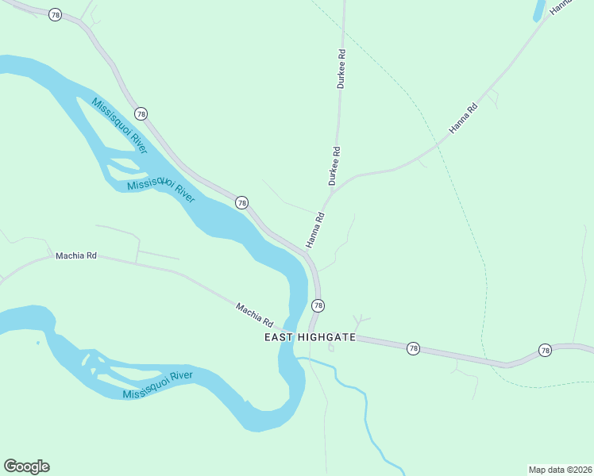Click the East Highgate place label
click(310, 337)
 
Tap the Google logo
click(26, 466)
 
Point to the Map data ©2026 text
click(560, 469)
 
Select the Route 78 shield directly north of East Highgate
click(318, 305)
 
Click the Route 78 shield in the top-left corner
click(54, 15)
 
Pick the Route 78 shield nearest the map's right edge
click(545, 350)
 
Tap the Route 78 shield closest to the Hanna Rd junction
click(241, 203)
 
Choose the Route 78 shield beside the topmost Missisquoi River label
click(141, 113)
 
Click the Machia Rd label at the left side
click(75, 256)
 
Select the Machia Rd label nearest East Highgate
click(254, 315)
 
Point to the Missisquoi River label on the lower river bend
click(158, 385)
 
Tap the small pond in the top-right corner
click(538, 10)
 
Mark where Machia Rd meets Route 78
click(308, 334)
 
